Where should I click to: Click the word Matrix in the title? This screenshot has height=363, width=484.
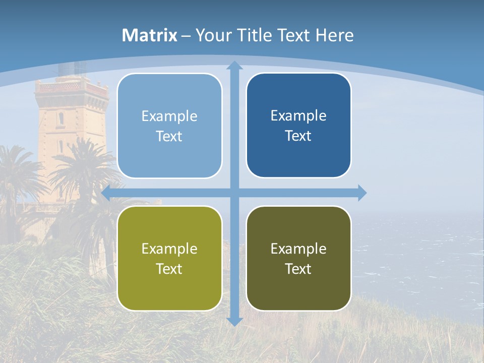coord(150,35)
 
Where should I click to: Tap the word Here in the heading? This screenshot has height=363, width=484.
coord(334,35)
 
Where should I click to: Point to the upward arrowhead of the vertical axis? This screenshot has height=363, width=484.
coord(234,65)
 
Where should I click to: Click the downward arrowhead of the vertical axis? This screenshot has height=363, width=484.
coord(234,321)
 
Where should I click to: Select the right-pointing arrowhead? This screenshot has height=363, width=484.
coord(361,193)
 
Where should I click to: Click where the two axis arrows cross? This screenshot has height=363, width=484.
coord(234,193)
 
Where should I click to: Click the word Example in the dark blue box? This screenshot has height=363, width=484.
coord(298,116)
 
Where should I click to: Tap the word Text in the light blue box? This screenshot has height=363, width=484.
coord(169,137)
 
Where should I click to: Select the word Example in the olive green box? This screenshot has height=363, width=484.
coord(169,249)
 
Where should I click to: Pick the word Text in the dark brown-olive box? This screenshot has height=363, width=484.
coord(298,269)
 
